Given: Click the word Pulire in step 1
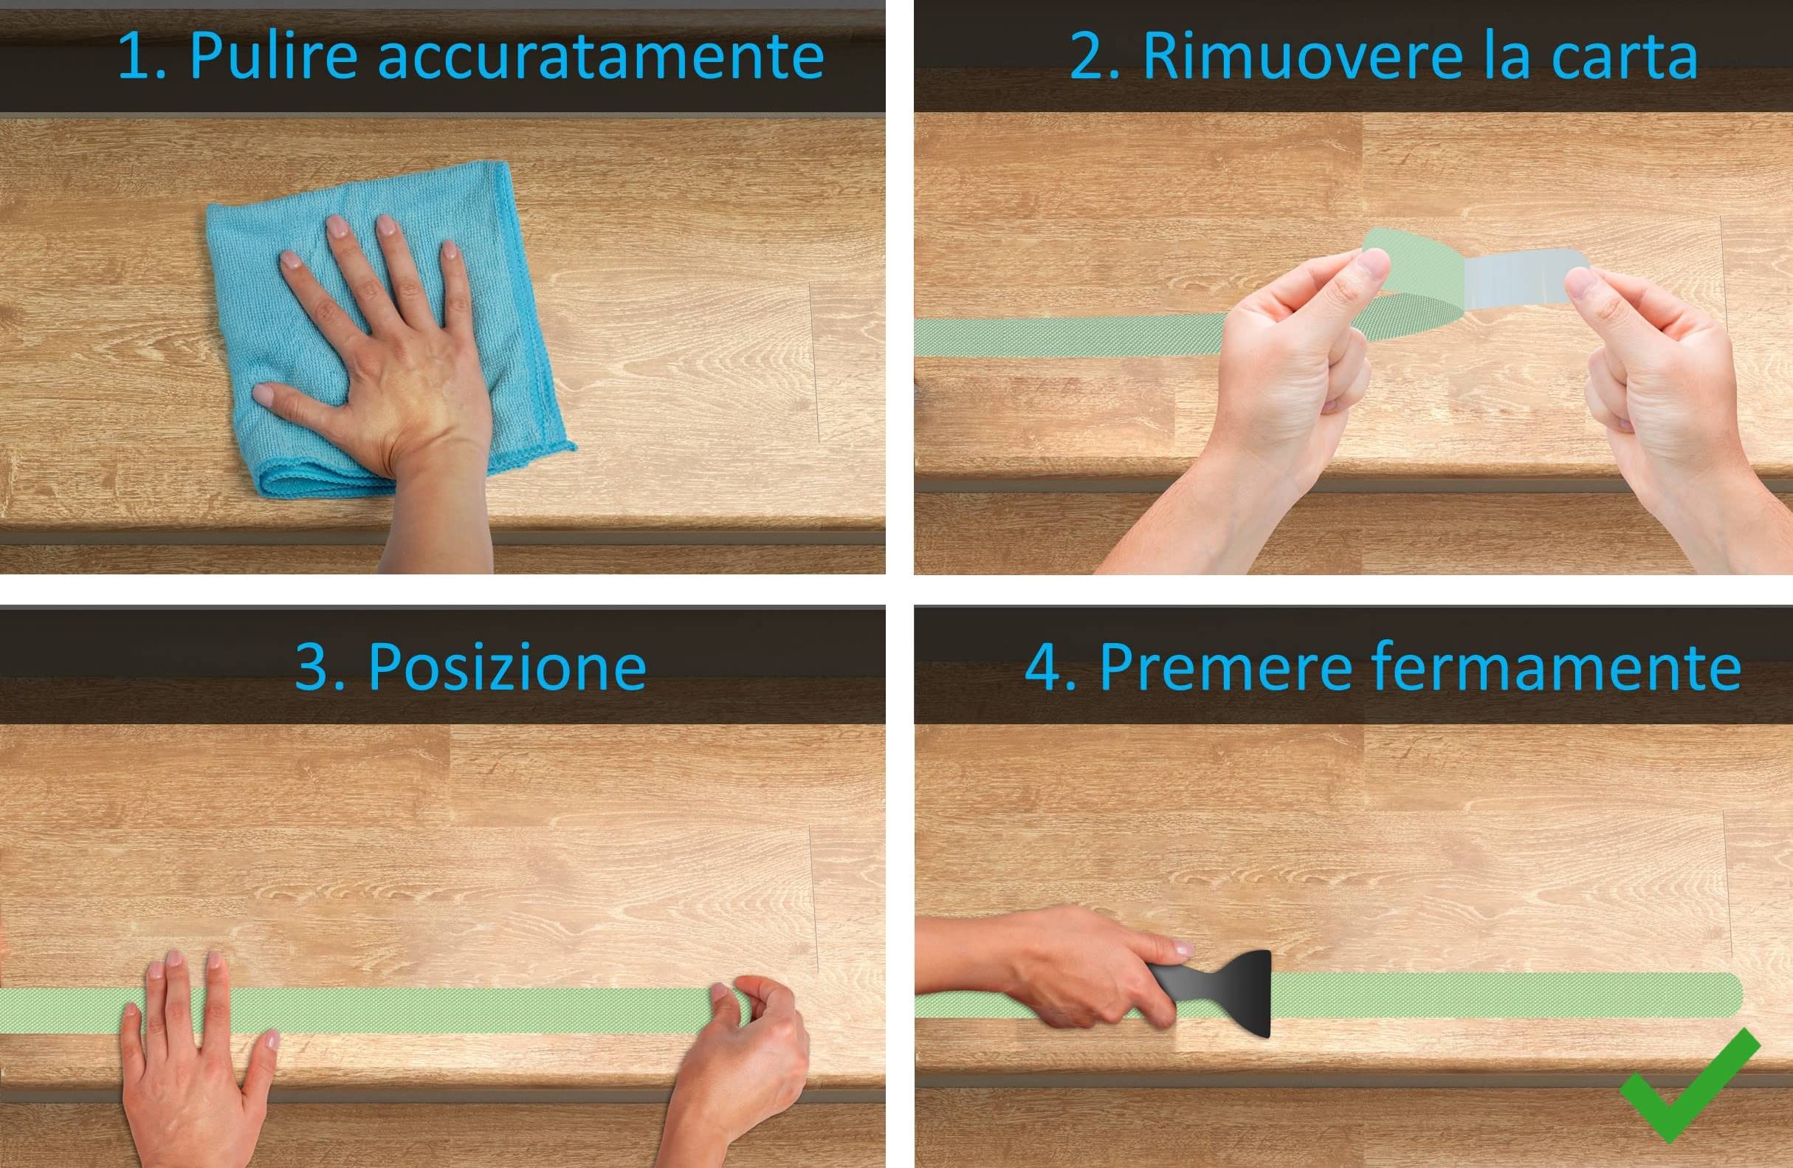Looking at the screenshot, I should pos(272,57).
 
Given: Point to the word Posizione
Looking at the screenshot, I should pos(507,667).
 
